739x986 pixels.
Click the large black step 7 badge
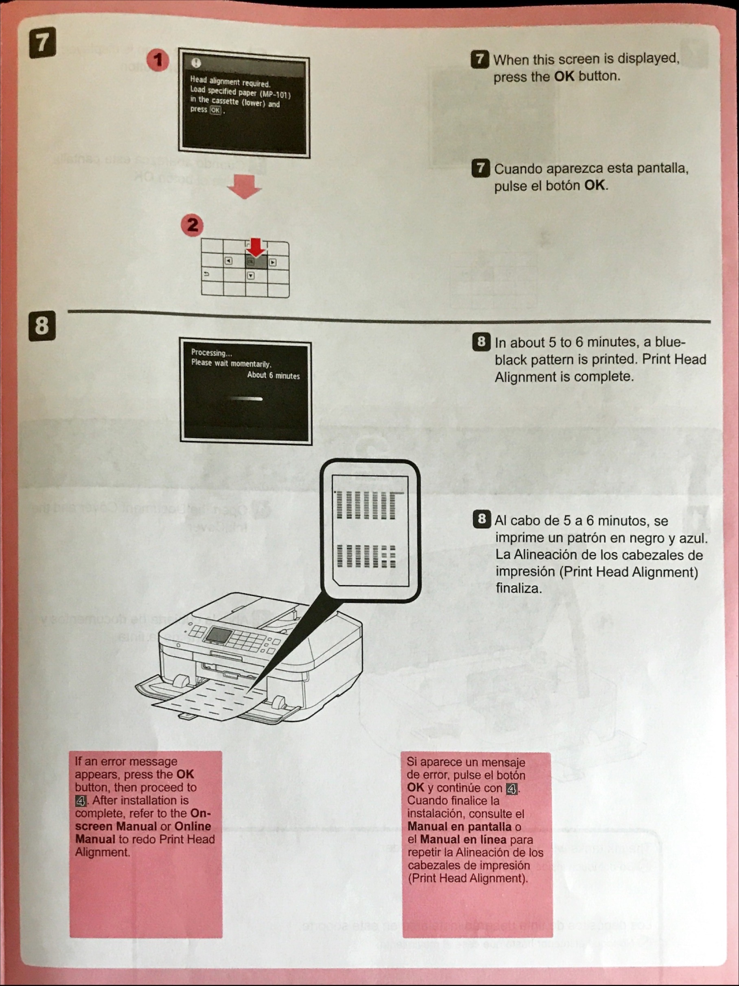(42, 42)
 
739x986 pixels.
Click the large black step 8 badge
(42, 325)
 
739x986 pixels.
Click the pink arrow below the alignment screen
(244, 186)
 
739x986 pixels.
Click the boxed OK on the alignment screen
(216, 110)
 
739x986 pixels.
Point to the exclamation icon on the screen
(196, 63)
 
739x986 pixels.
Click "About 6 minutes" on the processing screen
(273, 376)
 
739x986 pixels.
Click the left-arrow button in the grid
(228, 261)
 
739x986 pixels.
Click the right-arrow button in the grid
(273, 263)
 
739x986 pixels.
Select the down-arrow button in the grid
(251, 275)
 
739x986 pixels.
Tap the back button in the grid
(206, 274)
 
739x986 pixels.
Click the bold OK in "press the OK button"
(564, 76)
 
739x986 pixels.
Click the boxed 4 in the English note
(81, 801)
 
